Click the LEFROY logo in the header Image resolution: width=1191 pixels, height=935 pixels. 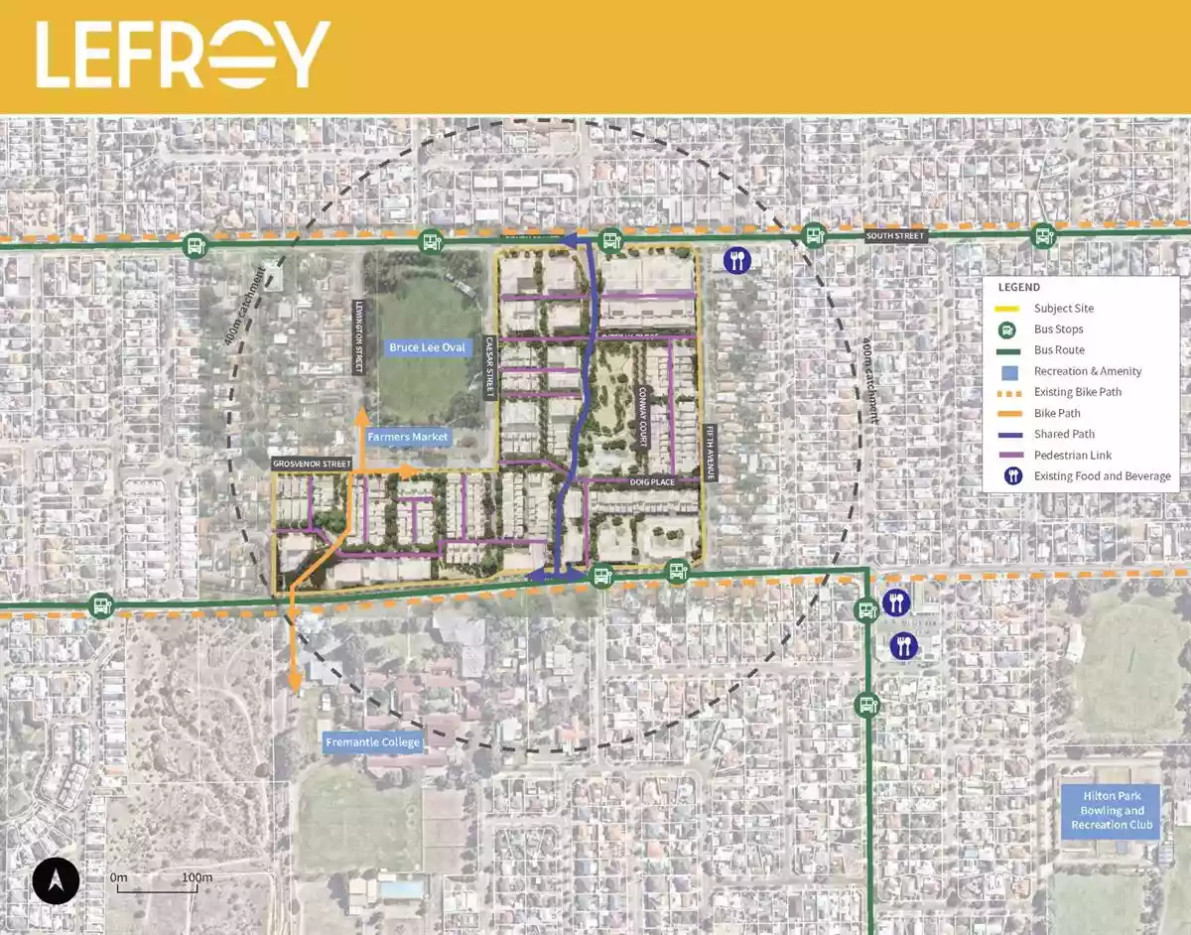coord(183,55)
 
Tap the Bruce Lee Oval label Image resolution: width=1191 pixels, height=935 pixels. coord(427,347)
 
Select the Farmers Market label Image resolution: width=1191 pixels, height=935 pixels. coord(407,437)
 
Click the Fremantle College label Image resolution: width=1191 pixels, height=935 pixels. coord(373,741)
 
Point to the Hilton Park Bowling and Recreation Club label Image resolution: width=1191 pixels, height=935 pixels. coord(1112,810)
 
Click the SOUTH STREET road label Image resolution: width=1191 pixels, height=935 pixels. coord(894,236)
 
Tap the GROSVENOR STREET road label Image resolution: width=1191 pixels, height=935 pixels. coord(313,464)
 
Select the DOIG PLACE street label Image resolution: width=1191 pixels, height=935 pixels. coord(651,481)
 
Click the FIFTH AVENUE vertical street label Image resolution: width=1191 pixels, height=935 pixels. coord(711,453)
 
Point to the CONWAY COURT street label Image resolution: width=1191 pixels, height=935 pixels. coord(643,417)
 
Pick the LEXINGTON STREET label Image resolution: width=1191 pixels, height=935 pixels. coord(358,337)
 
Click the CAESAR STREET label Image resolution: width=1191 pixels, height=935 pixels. coord(489,368)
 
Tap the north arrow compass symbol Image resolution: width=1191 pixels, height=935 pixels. coord(56,880)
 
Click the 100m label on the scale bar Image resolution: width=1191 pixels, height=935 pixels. coord(197,877)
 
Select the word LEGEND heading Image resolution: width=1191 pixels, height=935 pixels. coord(1019,287)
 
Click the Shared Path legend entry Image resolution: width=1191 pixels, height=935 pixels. coord(1064,434)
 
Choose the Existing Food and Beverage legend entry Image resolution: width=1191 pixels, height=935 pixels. coord(1102,475)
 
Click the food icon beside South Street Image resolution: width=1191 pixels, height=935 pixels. coord(736,261)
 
